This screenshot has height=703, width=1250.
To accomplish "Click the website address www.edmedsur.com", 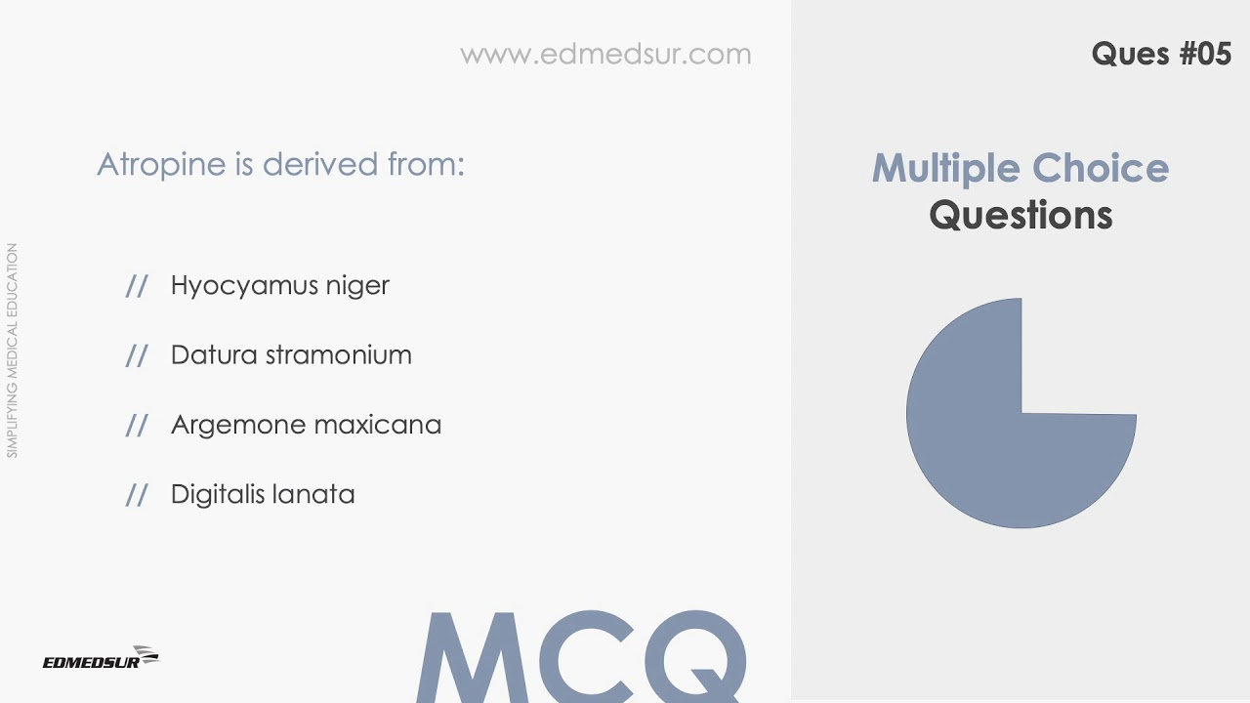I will tap(605, 54).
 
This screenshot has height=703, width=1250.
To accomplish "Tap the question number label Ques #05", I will tap(1161, 54).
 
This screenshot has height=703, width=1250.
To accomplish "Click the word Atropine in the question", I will tap(161, 164).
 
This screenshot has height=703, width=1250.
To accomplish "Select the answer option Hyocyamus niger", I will tap(279, 285).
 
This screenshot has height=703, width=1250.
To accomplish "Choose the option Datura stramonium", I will tap(291, 354).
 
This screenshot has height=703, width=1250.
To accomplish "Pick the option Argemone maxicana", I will tap(306, 425).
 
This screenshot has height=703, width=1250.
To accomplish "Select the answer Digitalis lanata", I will tap(263, 494).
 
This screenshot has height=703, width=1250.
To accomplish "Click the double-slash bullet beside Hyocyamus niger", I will tap(137, 285).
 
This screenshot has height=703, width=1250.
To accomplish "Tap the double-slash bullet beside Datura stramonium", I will tap(137, 355).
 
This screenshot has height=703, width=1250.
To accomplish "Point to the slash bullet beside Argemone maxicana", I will tap(137, 425).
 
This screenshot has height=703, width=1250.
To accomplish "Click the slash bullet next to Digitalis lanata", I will tap(137, 495).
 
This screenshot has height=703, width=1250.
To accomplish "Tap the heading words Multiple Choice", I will tap(1020, 168).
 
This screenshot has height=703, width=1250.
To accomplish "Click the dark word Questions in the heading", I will tap(1021, 215).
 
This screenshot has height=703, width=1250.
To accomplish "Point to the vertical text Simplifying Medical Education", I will tap(13, 351).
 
